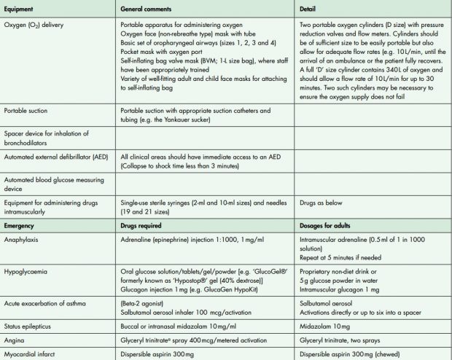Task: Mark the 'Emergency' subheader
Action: (23, 222)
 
